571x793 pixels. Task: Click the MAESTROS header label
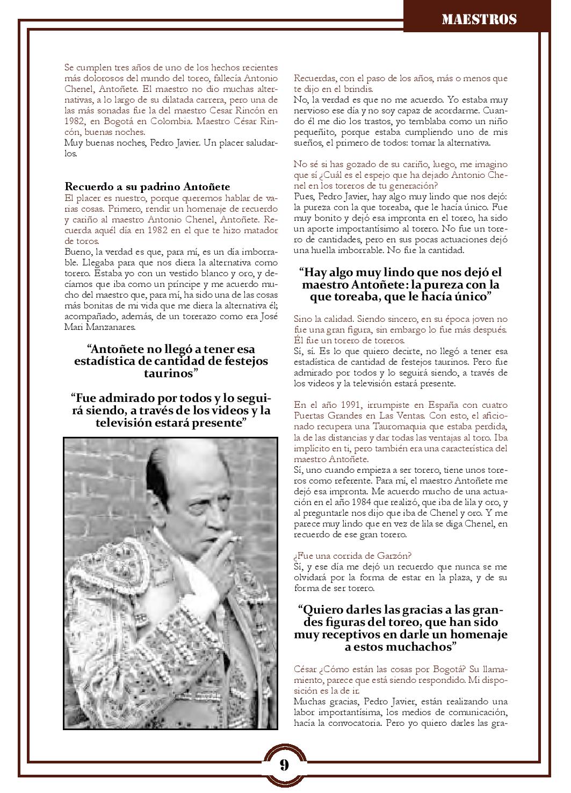(x=479, y=20)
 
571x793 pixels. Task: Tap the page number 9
(x=284, y=765)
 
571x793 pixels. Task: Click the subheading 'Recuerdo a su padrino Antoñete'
(x=147, y=186)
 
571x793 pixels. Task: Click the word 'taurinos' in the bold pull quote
(x=171, y=373)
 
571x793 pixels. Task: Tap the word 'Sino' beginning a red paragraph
(x=303, y=319)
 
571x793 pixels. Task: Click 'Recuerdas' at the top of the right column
(x=314, y=78)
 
